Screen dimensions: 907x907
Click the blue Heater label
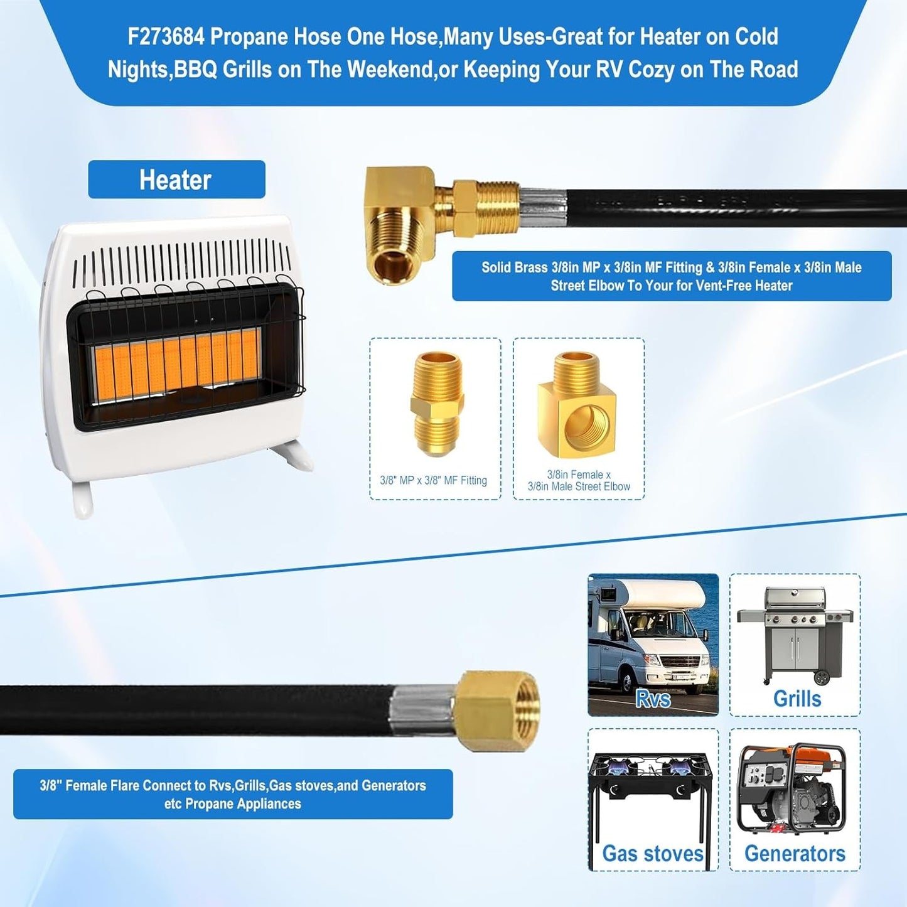[x=176, y=180]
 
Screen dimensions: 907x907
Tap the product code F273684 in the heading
[x=166, y=37]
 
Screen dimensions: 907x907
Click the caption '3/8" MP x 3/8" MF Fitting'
[x=434, y=481]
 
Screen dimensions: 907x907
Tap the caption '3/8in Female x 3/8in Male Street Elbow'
[x=579, y=481]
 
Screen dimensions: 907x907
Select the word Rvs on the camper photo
[x=652, y=699]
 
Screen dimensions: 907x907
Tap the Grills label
[x=797, y=699]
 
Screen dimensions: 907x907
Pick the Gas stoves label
[x=652, y=854]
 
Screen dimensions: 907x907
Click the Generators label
[x=795, y=854]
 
